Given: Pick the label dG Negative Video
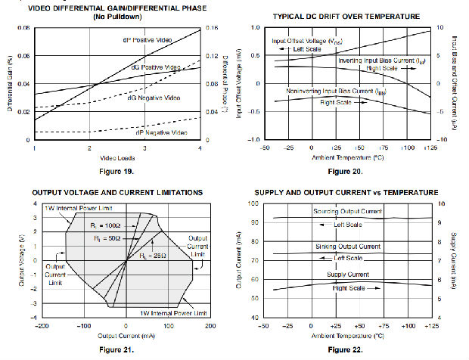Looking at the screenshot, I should coord(154,98).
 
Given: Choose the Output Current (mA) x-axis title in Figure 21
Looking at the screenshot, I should coord(116,334).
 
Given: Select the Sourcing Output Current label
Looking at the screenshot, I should coord(347,212).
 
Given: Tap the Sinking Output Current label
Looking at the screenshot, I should coord(347,247).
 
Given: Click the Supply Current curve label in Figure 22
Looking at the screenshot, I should coord(347,275).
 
